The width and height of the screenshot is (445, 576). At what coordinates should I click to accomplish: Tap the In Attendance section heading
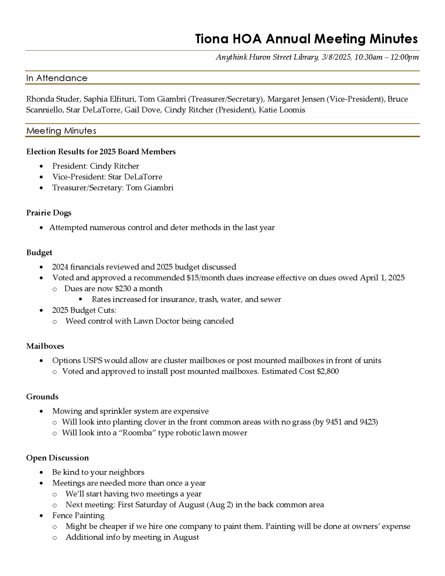57,78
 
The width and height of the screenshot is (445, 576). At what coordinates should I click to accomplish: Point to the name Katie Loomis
282,110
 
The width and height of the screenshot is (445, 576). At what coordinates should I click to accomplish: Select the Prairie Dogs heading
49,213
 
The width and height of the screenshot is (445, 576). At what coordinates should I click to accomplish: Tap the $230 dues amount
123,288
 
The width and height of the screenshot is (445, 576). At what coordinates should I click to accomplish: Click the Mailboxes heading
45,346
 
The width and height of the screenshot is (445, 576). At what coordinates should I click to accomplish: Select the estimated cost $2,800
328,371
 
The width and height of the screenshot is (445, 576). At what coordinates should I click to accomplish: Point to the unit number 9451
334,422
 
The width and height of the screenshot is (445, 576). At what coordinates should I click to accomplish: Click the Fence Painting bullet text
78,515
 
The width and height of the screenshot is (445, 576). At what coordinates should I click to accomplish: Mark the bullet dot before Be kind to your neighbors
41,472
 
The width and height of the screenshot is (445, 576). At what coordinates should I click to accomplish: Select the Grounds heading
42,397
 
